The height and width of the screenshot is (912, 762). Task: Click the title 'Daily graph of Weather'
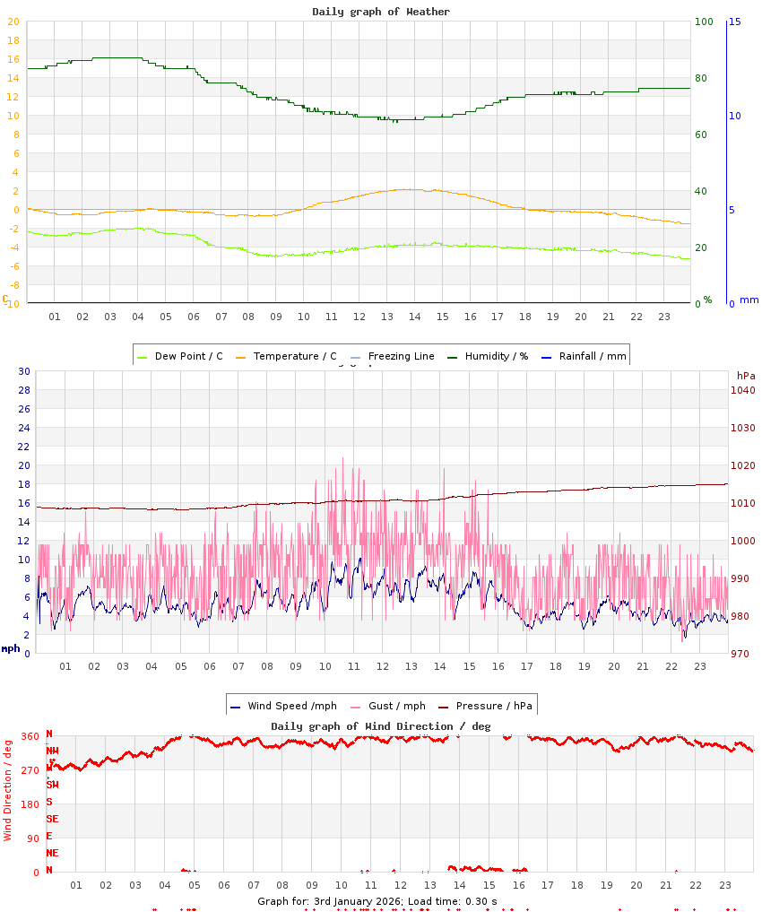(x=381, y=12)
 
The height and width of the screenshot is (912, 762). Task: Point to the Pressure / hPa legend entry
(x=490, y=706)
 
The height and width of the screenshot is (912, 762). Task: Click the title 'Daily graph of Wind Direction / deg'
(x=381, y=725)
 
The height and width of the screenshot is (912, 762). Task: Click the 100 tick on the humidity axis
(x=704, y=22)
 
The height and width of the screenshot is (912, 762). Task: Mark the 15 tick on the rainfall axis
(x=734, y=22)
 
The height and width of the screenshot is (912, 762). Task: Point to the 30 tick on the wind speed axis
(x=24, y=371)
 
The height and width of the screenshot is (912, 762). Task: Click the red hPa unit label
(x=745, y=375)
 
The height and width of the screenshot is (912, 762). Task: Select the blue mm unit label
(x=749, y=300)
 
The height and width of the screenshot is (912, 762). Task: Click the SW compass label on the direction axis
(x=53, y=785)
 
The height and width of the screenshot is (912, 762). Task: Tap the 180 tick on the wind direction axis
(x=30, y=804)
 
